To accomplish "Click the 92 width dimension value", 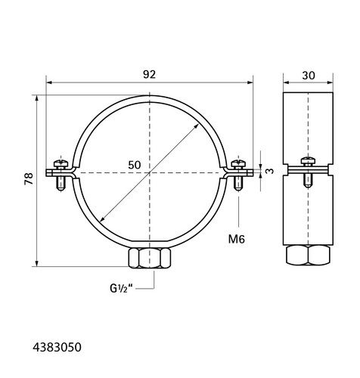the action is pyautogui.click(x=149, y=75).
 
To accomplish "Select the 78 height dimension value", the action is pyautogui.click(x=29, y=178).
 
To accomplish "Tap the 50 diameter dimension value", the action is pyautogui.click(x=135, y=165).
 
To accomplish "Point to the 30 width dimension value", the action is pyautogui.click(x=309, y=76).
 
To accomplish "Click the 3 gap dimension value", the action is pyautogui.click(x=270, y=171).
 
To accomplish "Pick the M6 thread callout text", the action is pyautogui.click(x=237, y=239).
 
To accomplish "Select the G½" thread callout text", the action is pyautogui.click(x=121, y=288).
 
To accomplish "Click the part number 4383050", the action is pyautogui.click(x=57, y=347).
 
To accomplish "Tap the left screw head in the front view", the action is pyautogui.click(x=61, y=164).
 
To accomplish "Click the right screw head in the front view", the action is pyautogui.click(x=238, y=164).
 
